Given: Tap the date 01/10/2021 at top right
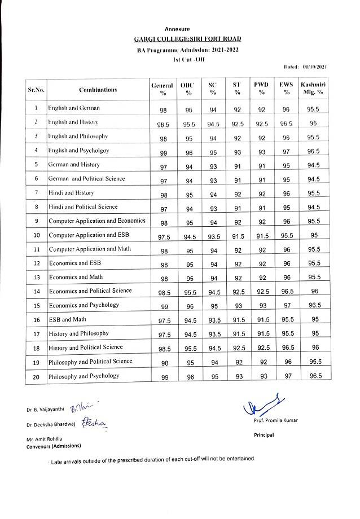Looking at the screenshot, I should [x=314, y=67].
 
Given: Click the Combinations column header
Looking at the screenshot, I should [x=98, y=89].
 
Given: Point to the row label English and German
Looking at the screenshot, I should [x=74, y=107].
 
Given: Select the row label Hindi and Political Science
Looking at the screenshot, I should [x=83, y=207].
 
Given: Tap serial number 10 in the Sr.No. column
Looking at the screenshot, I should [x=36, y=235].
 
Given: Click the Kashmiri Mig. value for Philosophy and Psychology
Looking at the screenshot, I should [x=313, y=377].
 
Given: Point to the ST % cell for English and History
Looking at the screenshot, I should [x=238, y=124].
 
